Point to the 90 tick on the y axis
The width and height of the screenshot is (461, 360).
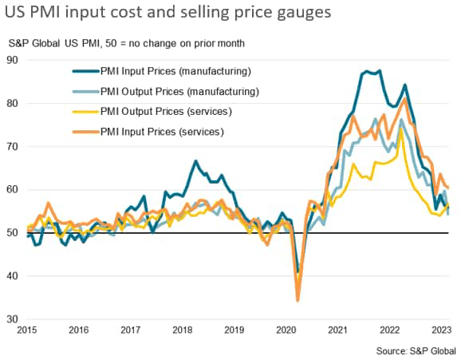click(14, 60)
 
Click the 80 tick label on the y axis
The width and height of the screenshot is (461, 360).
click(14, 103)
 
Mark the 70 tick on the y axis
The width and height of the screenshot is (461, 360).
click(14, 146)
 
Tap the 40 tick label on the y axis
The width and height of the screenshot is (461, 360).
click(14, 276)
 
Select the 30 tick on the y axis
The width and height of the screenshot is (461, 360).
click(14, 319)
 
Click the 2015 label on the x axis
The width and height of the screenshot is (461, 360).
click(27, 330)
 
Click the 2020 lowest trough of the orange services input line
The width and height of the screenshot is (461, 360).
click(298, 300)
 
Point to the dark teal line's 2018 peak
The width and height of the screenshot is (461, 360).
click(195, 161)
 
